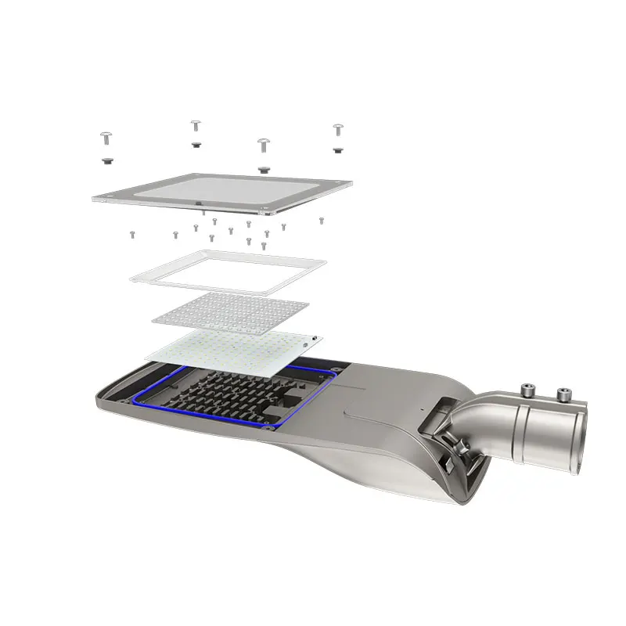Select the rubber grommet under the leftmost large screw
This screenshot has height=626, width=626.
coord(106,161)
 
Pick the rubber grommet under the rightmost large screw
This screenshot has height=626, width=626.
coord(337,149)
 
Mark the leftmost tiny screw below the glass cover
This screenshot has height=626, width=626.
coord(132,233)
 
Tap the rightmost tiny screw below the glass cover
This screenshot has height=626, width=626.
coord(321,221)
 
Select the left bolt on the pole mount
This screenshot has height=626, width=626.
coord(527,389)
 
